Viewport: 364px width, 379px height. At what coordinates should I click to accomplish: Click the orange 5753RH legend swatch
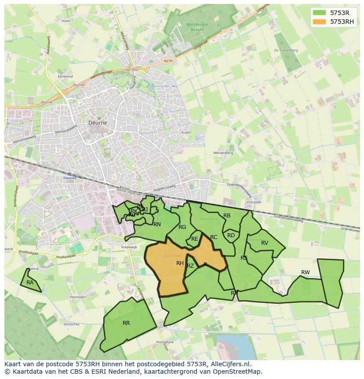point(320,21)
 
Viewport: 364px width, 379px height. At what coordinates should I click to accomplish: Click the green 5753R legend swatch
point(320,13)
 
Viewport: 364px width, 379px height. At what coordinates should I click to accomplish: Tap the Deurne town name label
point(98,123)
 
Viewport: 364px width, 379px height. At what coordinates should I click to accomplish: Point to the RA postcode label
point(30,283)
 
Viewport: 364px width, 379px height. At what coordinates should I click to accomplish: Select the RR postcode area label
point(126,323)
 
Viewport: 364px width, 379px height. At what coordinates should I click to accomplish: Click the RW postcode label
point(305,272)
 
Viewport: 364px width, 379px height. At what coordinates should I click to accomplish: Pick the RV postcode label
point(265,243)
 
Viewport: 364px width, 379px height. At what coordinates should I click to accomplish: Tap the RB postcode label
point(227,216)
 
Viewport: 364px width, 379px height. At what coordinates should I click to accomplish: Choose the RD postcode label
point(231,235)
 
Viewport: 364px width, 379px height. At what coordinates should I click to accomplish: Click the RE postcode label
point(194,239)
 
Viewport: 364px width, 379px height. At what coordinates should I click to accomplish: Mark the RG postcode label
point(182,227)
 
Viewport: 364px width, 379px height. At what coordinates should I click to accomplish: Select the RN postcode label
point(157,224)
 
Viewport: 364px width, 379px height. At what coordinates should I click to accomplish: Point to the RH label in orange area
point(180,263)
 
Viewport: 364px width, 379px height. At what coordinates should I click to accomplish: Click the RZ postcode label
point(190,266)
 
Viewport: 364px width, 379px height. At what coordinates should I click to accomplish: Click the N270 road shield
point(167,61)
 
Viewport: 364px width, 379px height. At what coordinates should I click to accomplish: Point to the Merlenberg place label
point(223,153)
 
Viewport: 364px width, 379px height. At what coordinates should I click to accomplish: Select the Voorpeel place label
point(254,202)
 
